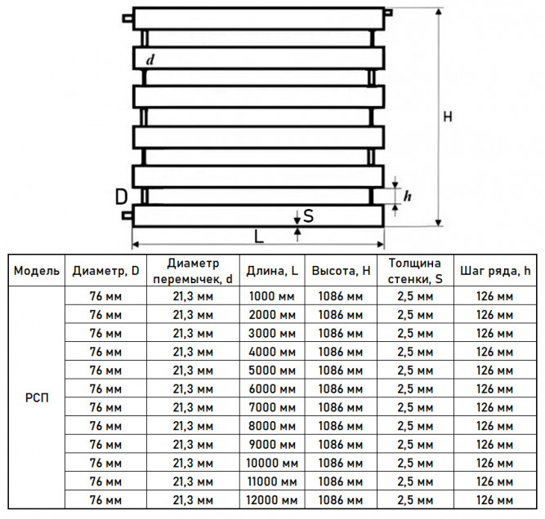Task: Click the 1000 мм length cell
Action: point(272,296)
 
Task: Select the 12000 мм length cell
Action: point(272,500)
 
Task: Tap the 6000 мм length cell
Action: point(272,388)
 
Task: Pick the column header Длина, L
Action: point(272,271)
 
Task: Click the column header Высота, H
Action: point(341,271)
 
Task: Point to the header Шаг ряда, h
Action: point(495,271)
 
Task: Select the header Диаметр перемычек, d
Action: point(193,271)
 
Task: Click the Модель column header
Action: point(37,271)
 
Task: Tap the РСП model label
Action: point(37,398)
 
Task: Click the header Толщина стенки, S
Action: point(415,271)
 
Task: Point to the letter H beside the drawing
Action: point(448,117)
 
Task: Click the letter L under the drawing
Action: point(259,237)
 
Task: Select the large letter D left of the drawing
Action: point(121,197)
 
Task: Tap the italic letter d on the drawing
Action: point(150,60)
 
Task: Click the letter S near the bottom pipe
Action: point(309,216)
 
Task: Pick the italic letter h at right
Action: point(408,196)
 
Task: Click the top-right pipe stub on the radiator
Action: point(388,13)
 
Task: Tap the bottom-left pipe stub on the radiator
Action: point(127,215)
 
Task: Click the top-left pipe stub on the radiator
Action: point(127,18)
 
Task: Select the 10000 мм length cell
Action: point(272,464)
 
